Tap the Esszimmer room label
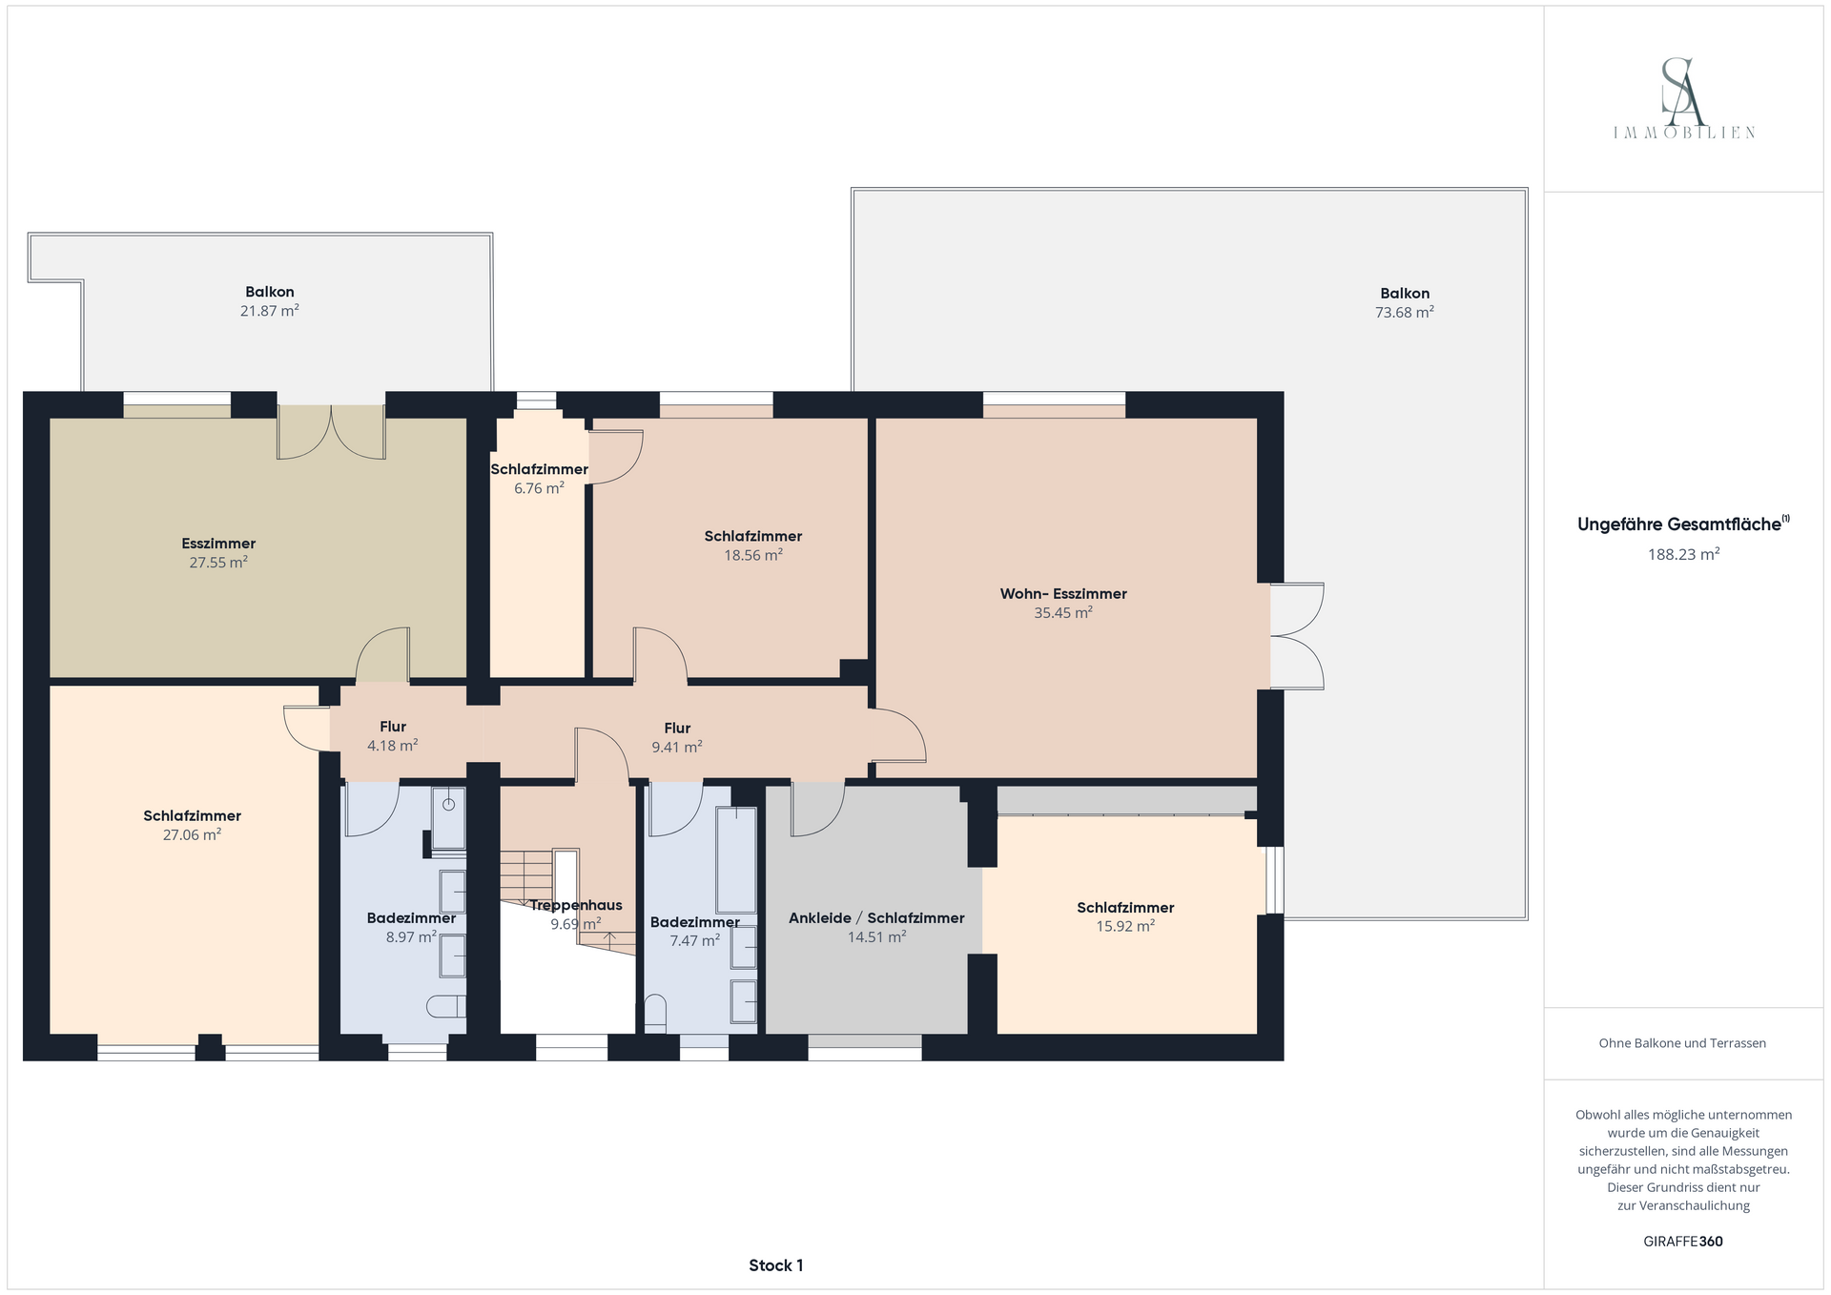pyautogui.click(x=218, y=544)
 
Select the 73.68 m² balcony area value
pyautogui.click(x=1405, y=312)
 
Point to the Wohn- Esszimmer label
pyautogui.click(x=1063, y=594)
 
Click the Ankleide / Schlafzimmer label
pyautogui.click(x=876, y=918)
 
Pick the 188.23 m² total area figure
pyautogui.click(x=1684, y=554)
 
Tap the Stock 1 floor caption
pyautogui.click(x=776, y=1265)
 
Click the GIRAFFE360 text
pyautogui.click(x=1683, y=1242)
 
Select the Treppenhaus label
pyautogui.click(x=576, y=905)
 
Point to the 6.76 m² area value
pyautogui.click(x=539, y=488)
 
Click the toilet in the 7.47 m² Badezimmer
pyautogui.click(x=655, y=1014)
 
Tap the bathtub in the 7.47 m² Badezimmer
pyautogui.click(x=736, y=861)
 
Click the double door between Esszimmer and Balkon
pyautogui.click(x=332, y=433)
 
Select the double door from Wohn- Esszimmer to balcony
pyautogui.click(x=1297, y=636)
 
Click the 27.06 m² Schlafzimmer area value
pyautogui.click(x=192, y=834)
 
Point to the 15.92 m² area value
pyautogui.click(x=1125, y=926)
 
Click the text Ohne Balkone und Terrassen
pyautogui.click(x=1682, y=1043)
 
